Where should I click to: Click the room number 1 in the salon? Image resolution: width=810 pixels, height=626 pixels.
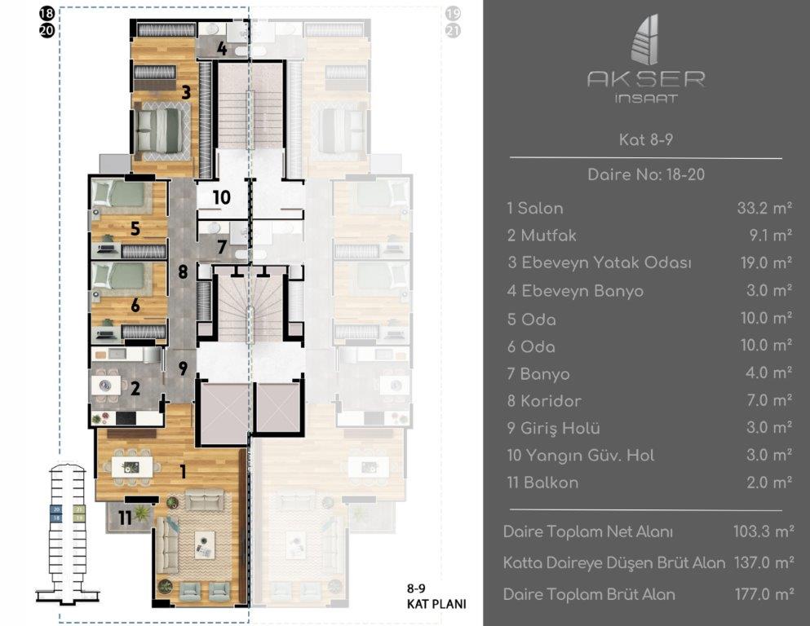click(x=183, y=470)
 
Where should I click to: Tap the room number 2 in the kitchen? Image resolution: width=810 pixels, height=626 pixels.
click(x=135, y=388)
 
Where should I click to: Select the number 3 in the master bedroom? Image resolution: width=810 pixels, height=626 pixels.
click(x=186, y=92)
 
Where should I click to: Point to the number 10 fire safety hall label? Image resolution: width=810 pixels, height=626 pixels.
click(x=221, y=197)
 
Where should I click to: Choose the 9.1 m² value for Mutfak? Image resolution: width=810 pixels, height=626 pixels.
click(x=768, y=236)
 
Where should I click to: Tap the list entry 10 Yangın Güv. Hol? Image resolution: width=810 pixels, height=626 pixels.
click(x=580, y=456)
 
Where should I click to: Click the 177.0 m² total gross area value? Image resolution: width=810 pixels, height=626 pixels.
click(x=764, y=594)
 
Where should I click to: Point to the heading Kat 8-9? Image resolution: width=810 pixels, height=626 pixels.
click(x=645, y=140)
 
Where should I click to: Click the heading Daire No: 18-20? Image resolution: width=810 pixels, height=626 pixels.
click(x=645, y=174)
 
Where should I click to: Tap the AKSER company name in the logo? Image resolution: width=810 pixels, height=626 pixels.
click(x=646, y=79)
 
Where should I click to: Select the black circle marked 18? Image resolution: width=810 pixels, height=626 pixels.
click(x=46, y=14)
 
